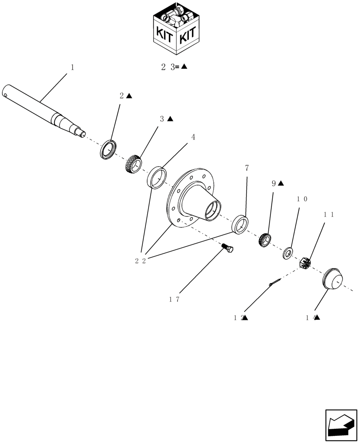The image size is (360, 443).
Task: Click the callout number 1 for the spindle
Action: (72, 67)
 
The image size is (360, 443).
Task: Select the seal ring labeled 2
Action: (108, 149)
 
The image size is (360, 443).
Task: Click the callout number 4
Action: (193, 137)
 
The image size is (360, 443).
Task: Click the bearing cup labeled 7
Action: (240, 224)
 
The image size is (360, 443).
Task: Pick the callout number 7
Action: (247, 168)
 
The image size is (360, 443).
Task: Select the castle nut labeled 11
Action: (306, 263)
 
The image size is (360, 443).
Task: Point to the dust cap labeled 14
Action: (332, 279)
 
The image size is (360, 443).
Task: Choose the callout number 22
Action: (141, 261)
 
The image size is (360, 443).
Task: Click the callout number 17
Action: (174, 299)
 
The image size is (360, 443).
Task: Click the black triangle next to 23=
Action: (184, 67)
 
